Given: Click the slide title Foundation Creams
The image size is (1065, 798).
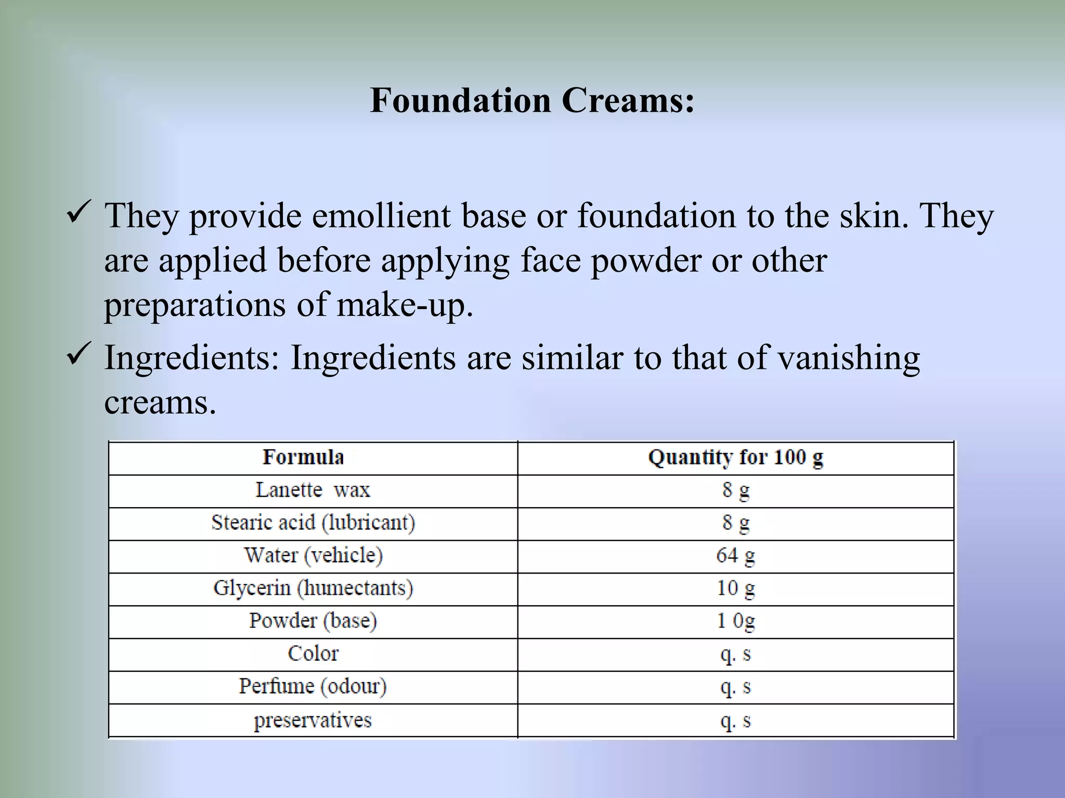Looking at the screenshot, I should pos(532,100).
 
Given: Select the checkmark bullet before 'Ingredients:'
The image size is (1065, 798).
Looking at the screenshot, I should pos(80,356).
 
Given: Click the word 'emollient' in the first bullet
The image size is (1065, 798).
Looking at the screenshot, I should pos(381,215).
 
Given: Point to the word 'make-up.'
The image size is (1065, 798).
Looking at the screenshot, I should pos(405,305).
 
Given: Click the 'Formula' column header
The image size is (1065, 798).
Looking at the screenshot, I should pos(303,457).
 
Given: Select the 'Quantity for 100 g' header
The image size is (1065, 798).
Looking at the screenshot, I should pos(735,457).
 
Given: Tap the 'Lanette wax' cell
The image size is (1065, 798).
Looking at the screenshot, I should pos(313,490).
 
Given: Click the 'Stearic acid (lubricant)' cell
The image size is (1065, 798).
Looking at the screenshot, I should pos(313,523).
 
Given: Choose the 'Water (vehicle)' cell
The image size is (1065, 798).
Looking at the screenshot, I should pos(313,555).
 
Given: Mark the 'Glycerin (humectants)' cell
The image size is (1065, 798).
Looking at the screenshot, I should pos(313,588).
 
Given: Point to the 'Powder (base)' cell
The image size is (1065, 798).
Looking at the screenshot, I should pos(313,621).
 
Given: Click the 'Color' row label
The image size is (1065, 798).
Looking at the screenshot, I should pos(313,654).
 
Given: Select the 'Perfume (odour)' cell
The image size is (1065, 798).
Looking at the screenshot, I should pos(313,686).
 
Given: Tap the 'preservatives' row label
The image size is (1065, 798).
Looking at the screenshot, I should pos(313,720).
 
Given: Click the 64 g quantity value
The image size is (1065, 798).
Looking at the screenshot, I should pos(735,555).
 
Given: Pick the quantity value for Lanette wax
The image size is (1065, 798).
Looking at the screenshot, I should pos(735,490).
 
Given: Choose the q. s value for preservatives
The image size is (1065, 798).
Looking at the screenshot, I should pos(735,720).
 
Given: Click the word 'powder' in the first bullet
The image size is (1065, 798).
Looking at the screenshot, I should pos(646,260).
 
